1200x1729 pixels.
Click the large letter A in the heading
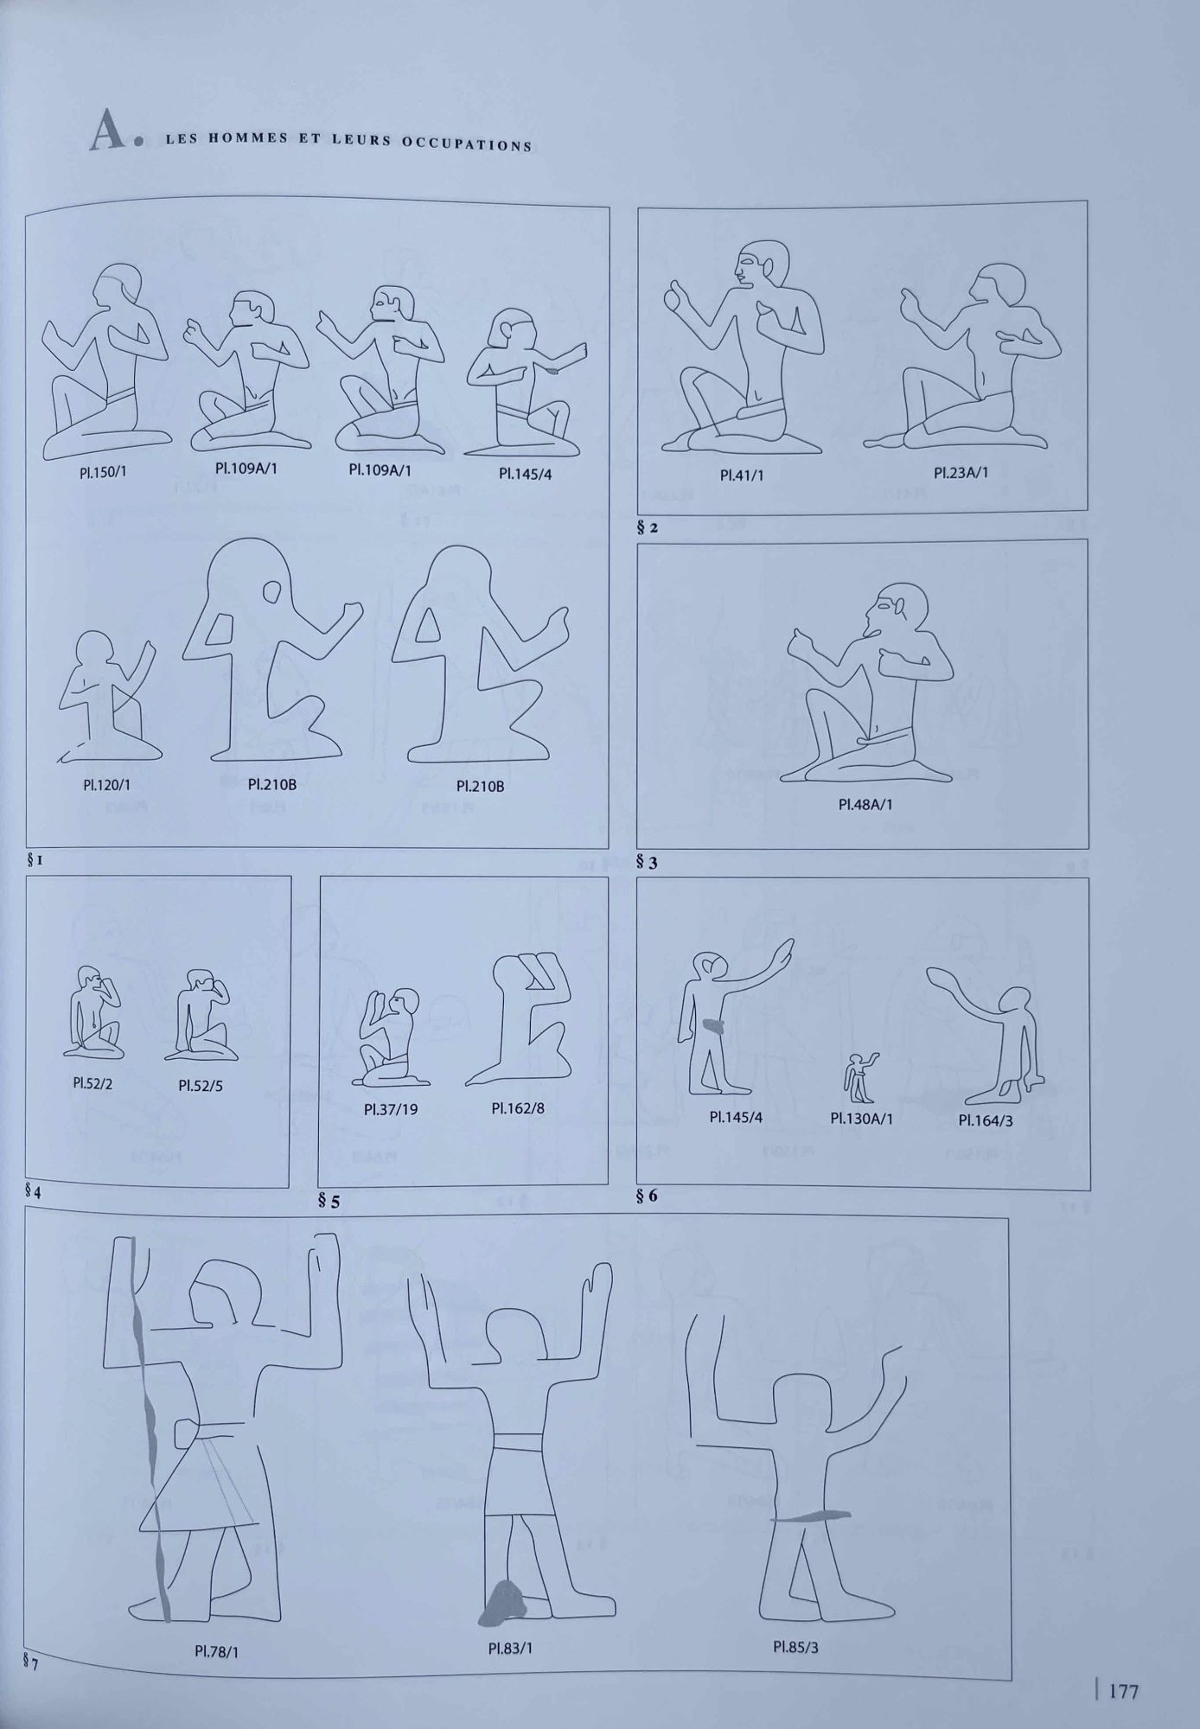pyautogui.click(x=108, y=131)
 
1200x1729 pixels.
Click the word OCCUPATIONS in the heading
pyautogui.click(x=467, y=144)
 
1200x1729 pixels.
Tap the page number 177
pyautogui.click(x=1123, y=1690)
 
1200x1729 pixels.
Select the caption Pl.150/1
pyautogui.click(x=103, y=473)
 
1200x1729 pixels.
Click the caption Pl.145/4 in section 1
pyautogui.click(x=525, y=474)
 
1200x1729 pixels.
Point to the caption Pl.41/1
pyautogui.click(x=742, y=475)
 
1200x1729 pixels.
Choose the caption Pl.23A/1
pyautogui.click(x=961, y=473)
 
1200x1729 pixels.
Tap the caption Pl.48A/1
pyautogui.click(x=865, y=804)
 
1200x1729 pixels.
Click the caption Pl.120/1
pyautogui.click(x=106, y=785)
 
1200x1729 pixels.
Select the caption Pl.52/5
pyautogui.click(x=201, y=1085)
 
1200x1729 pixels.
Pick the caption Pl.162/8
pyautogui.click(x=518, y=1108)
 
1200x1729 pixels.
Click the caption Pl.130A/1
pyautogui.click(x=862, y=1119)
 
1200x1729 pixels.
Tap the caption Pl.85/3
pyautogui.click(x=795, y=1647)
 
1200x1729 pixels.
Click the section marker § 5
pyautogui.click(x=329, y=1201)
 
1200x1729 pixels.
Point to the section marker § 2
pyautogui.click(x=648, y=526)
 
